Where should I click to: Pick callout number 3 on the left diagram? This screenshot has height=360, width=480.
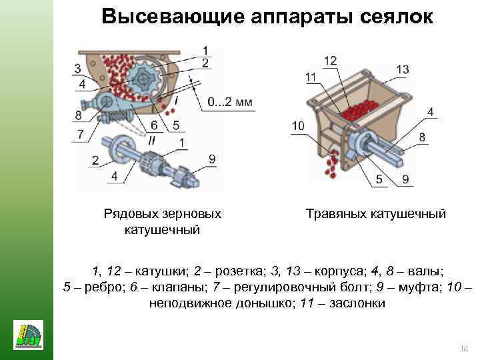tap(78, 69)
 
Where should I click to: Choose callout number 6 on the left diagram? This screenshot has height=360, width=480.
tap(154, 125)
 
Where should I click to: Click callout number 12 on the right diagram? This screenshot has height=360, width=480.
tap(331, 61)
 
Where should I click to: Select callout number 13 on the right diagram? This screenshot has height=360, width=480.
tap(402, 69)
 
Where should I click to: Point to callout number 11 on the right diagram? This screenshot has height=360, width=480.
tap(311, 78)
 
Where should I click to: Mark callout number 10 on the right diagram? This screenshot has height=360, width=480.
tap(297, 125)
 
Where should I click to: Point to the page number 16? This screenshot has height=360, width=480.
tap(465, 349)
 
